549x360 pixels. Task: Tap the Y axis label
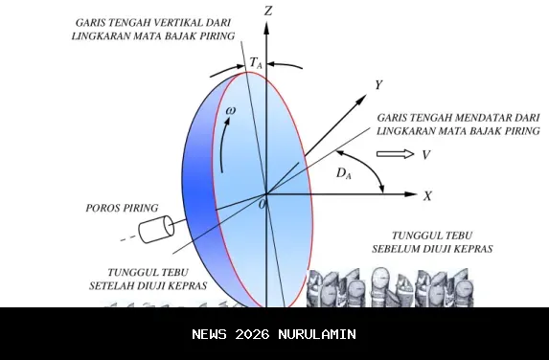[379, 85]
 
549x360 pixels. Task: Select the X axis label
[427, 195]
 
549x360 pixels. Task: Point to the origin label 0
[263, 204]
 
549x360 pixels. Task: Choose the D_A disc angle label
[343, 173]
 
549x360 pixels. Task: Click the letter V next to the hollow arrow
[425, 154]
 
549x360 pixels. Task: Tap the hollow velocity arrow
[391, 154]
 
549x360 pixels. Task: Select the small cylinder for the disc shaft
[156, 229]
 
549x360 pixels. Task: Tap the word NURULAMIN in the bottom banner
[316, 334]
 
